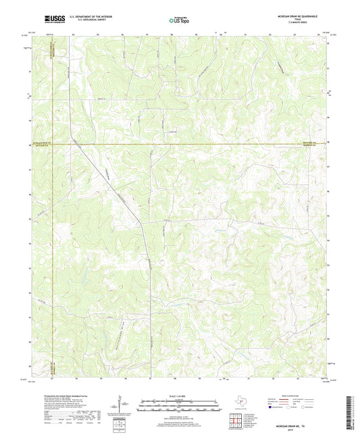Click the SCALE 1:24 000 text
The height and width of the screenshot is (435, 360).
point(180,395)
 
